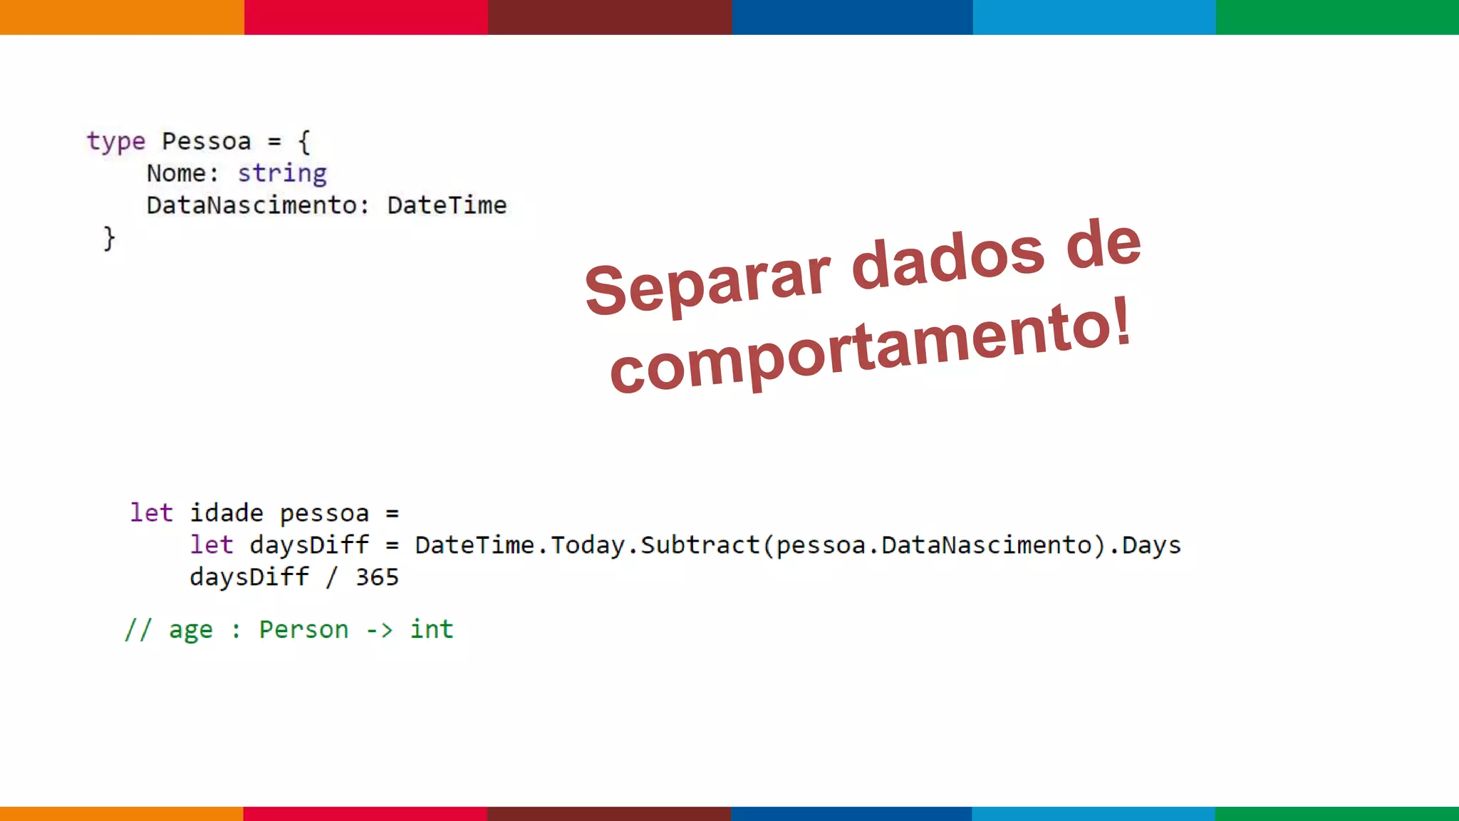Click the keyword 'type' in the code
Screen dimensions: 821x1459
(x=116, y=142)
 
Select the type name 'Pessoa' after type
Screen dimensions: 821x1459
(x=207, y=141)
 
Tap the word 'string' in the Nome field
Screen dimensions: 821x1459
(x=282, y=174)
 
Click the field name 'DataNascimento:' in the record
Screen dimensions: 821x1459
(x=258, y=205)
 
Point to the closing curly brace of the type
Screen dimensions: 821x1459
(x=109, y=238)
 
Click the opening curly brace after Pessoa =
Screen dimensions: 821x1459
(x=304, y=141)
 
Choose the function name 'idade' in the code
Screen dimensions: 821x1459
(x=227, y=513)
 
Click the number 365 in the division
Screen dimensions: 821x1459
(x=377, y=577)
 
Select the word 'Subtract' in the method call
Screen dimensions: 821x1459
(x=700, y=545)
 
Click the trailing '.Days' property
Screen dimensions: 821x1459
(x=1145, y=545)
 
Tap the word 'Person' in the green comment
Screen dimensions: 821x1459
(x=303, y=630)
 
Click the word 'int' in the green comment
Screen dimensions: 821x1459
(x=431, y=629)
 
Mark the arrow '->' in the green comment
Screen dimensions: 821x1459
(x=379, y=630)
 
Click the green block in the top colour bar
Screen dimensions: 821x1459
(x=1337, y=17)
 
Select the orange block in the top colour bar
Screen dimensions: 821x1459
(x=122, y=17)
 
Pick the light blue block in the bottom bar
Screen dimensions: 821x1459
(x=1094, y=813)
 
